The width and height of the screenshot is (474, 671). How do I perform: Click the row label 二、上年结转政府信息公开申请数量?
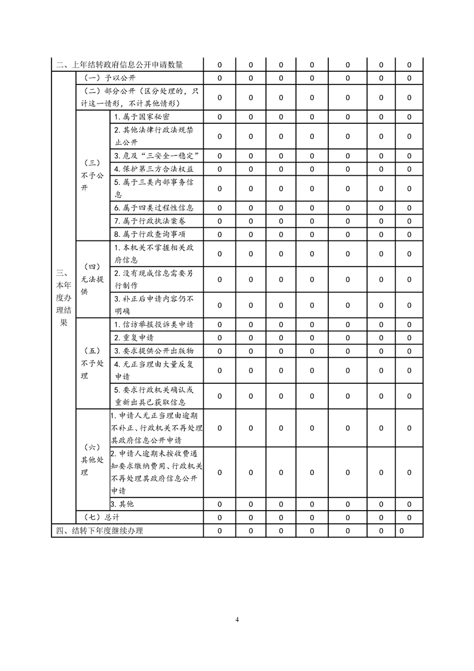pos(120,65)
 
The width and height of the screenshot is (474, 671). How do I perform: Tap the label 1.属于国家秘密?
pos(142,117)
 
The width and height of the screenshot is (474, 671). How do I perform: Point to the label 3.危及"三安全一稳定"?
pos(156,156)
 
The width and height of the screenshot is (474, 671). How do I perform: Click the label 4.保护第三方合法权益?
pos(154,169)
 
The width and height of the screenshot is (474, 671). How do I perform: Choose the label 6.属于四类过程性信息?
pos(154,208)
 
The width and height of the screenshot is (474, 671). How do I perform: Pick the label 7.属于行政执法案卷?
pos(149,221)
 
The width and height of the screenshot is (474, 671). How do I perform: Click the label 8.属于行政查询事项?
pos(149,234)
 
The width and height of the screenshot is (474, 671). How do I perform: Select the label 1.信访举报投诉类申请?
pos(154,325)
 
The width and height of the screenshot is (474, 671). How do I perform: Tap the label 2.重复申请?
pos(134,338)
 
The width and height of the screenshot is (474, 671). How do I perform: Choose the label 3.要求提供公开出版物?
pos(154,350)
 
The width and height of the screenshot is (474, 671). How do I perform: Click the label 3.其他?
pos(122,504)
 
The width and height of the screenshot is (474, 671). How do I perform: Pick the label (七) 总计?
pos(98,517)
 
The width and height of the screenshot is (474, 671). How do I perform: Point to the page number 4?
pos(237,619)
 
